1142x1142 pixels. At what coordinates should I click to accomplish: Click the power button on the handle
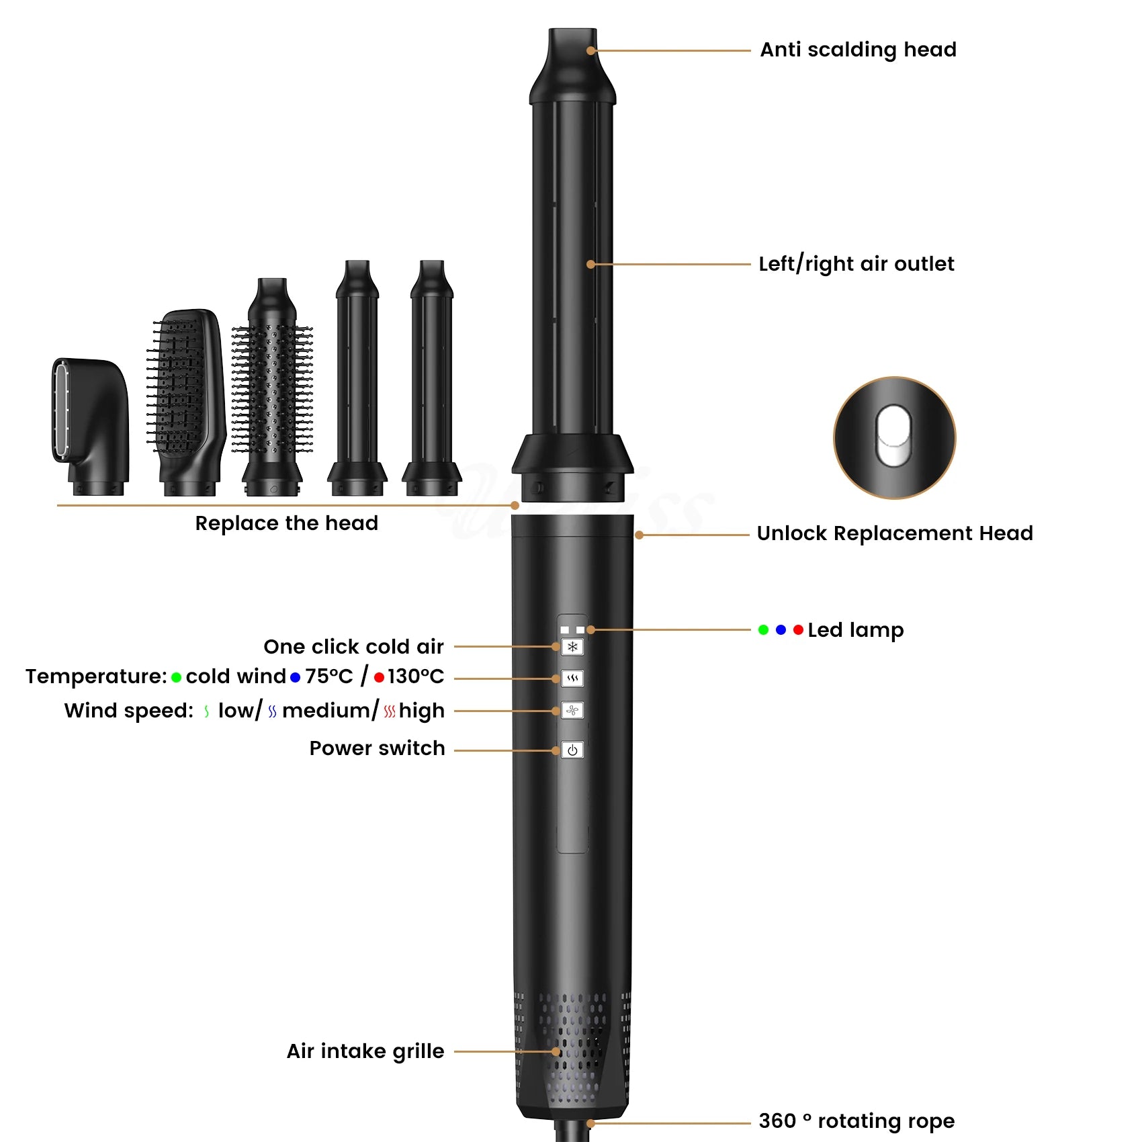572,750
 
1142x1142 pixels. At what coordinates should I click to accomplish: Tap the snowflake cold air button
572,647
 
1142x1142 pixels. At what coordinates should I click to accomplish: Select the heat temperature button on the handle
572,678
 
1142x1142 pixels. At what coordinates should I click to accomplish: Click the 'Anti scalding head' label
858,50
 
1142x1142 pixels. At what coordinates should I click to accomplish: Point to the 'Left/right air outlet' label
856,264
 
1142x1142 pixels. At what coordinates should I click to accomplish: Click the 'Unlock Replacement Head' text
895,533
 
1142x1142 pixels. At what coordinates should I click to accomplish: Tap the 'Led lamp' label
855,630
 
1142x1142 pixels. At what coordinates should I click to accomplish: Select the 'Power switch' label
377,748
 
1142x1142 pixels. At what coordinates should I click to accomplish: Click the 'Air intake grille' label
365,1051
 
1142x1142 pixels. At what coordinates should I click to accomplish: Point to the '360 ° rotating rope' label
856,1121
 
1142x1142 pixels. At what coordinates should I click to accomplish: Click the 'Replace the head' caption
287,523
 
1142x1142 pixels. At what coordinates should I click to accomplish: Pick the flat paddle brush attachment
186,401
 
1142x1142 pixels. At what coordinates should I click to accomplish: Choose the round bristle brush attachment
272,387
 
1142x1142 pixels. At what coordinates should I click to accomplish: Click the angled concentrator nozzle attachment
90,427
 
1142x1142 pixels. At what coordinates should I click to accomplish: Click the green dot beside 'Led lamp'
763,630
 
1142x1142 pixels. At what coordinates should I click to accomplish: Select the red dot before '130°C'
379,677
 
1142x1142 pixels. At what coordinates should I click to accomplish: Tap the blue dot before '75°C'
295,677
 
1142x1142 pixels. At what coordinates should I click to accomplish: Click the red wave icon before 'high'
390,711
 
